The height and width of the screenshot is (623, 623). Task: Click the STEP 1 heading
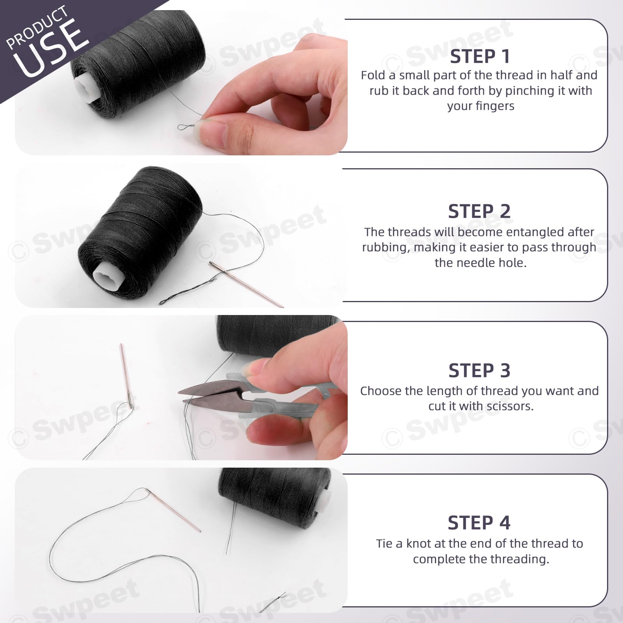click(x=480, y=56)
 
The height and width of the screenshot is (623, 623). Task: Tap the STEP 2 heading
click(x=479, y=211)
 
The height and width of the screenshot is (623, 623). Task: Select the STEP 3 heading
click(x=479, y=370)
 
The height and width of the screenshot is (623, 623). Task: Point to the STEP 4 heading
click(x=479, y=523)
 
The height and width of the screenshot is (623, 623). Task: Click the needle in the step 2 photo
click(x=246, y=284)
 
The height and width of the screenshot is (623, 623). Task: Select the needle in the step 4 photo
click(x=173, y=510)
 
